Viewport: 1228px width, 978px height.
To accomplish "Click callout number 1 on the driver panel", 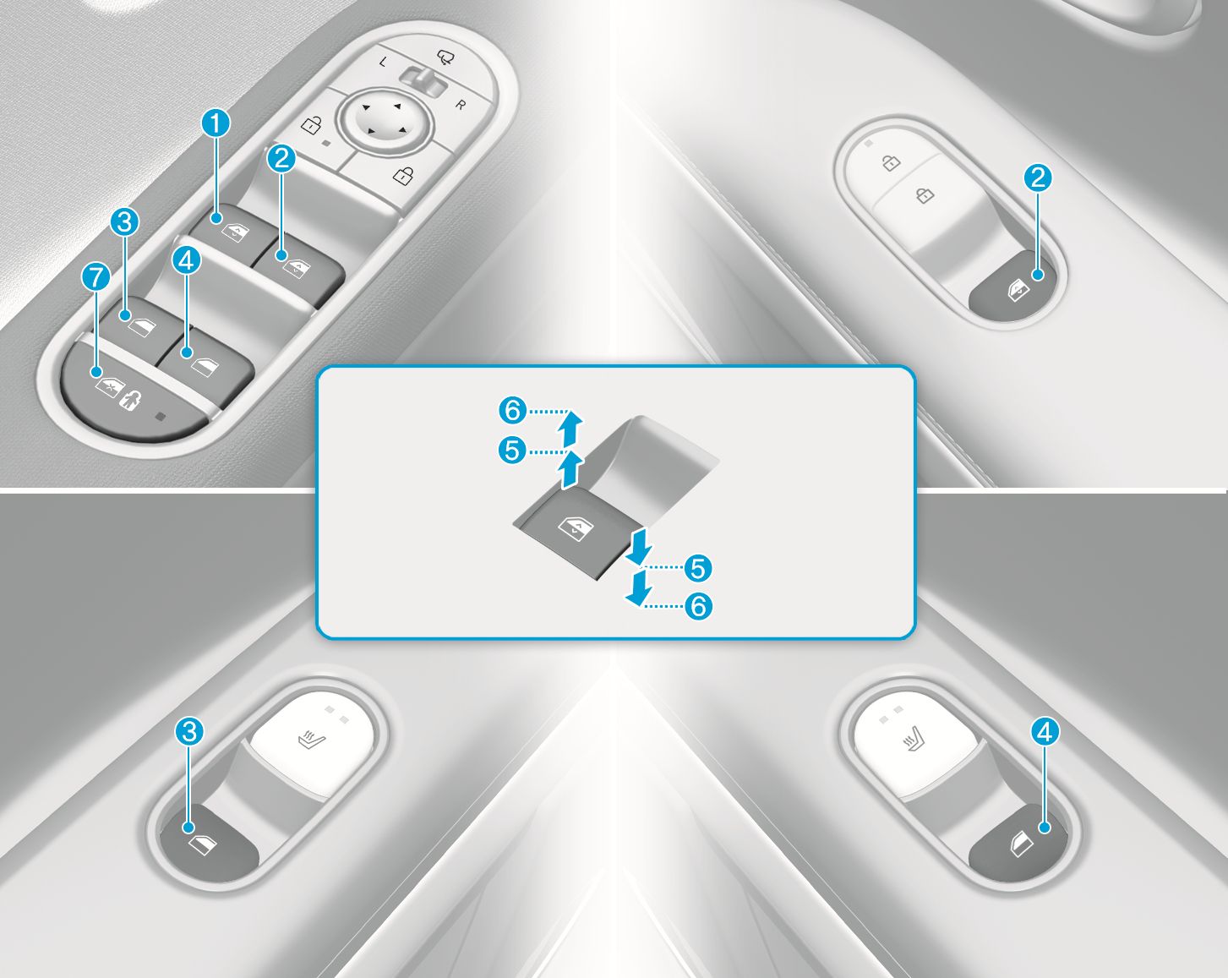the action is point(216,124).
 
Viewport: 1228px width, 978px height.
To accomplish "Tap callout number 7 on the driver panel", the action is point(96,277).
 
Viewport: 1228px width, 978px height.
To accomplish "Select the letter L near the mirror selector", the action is point(383,62).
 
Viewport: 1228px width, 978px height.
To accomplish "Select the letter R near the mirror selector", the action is point(461,105).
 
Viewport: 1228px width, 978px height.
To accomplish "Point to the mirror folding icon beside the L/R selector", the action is point(445,57).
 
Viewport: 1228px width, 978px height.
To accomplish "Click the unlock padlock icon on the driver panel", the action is point(310,126).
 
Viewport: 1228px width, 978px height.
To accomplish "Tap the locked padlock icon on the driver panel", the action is point(403,175).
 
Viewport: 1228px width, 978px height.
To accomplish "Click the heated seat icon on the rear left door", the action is point(312,741).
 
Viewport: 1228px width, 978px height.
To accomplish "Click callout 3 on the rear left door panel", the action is point(188,731).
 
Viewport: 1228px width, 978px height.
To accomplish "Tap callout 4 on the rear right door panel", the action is point(1045,732).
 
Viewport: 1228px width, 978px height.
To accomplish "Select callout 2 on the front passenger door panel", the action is point(1037,178).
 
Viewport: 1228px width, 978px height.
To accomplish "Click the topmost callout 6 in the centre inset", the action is point(512,410).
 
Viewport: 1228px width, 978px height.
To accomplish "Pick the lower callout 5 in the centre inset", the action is point(698,568).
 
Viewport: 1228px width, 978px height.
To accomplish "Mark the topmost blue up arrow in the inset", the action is point(570,429).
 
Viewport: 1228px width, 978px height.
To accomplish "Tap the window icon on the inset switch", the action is point(576,527).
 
